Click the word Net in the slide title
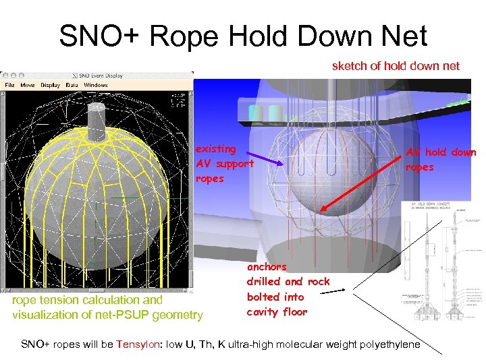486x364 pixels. click(402, 36)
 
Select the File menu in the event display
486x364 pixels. click(10, 85)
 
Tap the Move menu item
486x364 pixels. click(28, 85)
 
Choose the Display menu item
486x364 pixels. click(50, 85)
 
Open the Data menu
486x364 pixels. click(72, 85)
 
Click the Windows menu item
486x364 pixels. click(95, 85)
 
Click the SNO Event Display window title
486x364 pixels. click(101, 75)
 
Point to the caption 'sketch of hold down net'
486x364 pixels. click(396, 65)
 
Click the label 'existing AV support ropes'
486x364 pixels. click(224, 163)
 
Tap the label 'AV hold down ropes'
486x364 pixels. click(440, 160)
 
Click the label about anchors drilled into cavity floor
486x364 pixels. click(288, 289)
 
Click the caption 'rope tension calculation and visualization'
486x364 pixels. click(107, 307)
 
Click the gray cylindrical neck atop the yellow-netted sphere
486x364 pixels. click(98, 122)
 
